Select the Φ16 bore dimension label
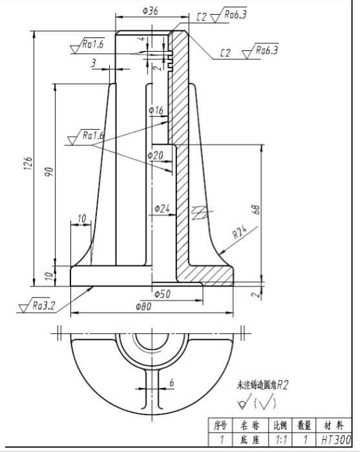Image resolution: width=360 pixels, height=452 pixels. pos(156,111)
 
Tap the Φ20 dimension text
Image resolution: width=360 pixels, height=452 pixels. pos(155,155)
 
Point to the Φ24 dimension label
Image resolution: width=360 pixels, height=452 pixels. pos(162,208)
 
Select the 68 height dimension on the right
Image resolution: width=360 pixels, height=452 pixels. pos(256,209)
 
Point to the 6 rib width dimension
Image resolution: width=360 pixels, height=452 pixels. pos(172,382)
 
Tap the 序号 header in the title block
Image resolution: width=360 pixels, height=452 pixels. pos(220,425)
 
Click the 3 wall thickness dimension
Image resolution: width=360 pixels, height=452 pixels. pos(94,63)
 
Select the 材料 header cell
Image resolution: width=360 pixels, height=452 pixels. pos(335,425)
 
